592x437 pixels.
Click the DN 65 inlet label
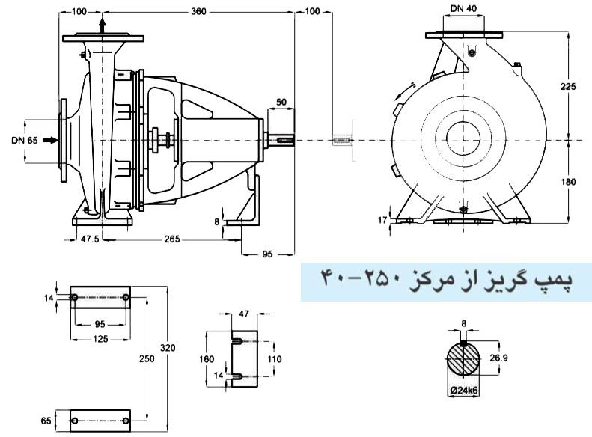click(x=24, y=140)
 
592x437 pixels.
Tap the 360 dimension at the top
click(x=198, y=12)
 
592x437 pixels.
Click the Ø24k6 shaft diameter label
click(x=465, y=389)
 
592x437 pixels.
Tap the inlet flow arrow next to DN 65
click(x=49, y=140)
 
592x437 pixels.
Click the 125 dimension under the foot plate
click(x=100, y=339)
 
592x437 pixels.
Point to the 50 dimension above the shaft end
click(x=281, y=102)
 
